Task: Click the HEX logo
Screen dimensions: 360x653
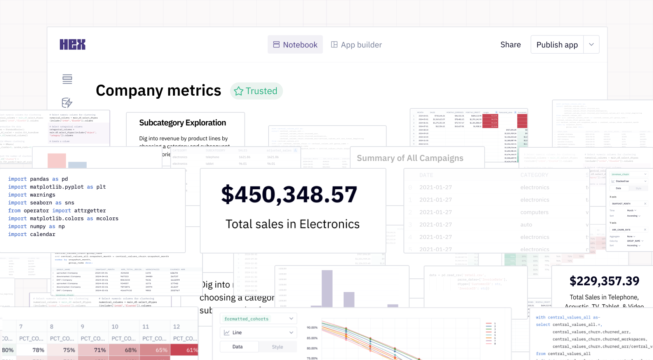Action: pyautogui.click(x=72, y=45)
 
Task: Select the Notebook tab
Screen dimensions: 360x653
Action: pyautogui.click(x=295, y=45)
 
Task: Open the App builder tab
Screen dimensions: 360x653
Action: pyautogui.click(x=356, y=45)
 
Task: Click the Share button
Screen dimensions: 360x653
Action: pyautogui.click(x=510, y=45)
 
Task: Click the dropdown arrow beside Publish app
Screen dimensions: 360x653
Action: pyautogui.click(x=591, y=45)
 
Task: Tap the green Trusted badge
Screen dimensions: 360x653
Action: pyautogui.click(x=256, y=91)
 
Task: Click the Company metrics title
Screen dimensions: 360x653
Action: pyautogui.click(x=158, y=91)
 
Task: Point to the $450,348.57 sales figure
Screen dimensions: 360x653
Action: pyautogui.click(x=289, y=194)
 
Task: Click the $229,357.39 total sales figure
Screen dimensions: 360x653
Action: pyautogui.click(x=604, y=281)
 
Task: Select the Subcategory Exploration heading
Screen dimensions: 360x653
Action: pyautogui.click(x=182, y=123)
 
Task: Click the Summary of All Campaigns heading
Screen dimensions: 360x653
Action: pyautogui.click(x=410, y=158)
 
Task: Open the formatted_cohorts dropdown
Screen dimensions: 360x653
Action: pyautogui.click(x=258, y=319)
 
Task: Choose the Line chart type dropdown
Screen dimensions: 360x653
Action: pyautogui.click(x=258, y=332)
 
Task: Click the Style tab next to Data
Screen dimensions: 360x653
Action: pyautogui.click(x=277, y=347)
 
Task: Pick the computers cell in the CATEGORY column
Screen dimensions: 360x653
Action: pyautogui.click(x=534, y=212)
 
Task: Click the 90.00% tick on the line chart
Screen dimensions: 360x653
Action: pyautogui.click(x=312, y=328)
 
